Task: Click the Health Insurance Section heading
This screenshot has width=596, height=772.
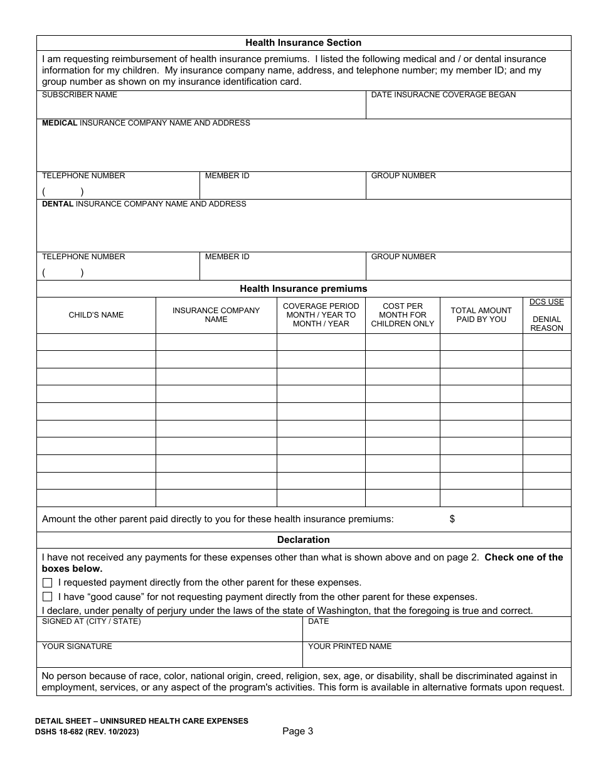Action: coord(303,43)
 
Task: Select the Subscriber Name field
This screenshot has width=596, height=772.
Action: coord(201,108)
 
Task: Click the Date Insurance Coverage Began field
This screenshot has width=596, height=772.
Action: coord(468,108)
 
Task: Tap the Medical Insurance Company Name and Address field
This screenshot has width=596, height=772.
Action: coord(304,149)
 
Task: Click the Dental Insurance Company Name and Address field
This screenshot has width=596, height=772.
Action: coord(304,230)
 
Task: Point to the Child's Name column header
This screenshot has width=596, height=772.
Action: coord(96,315)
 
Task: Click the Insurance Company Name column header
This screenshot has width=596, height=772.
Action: coord(216,315)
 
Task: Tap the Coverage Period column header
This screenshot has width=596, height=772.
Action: coord(321,315)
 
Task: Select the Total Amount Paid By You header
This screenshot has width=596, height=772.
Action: coord(481,315)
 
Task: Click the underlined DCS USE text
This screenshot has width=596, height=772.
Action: coord(546,302)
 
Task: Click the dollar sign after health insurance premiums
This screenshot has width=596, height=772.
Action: coord(452,519)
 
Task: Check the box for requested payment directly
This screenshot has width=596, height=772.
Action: coord(47,582)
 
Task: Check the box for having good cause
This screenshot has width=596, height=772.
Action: coord(47,597)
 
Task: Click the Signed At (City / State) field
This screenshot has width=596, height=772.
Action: coord(169,632)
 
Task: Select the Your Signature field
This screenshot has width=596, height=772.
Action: coord(169,657)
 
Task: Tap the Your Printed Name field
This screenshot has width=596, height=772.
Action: coord(437,657)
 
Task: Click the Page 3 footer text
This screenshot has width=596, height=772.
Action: coord(297,731)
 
